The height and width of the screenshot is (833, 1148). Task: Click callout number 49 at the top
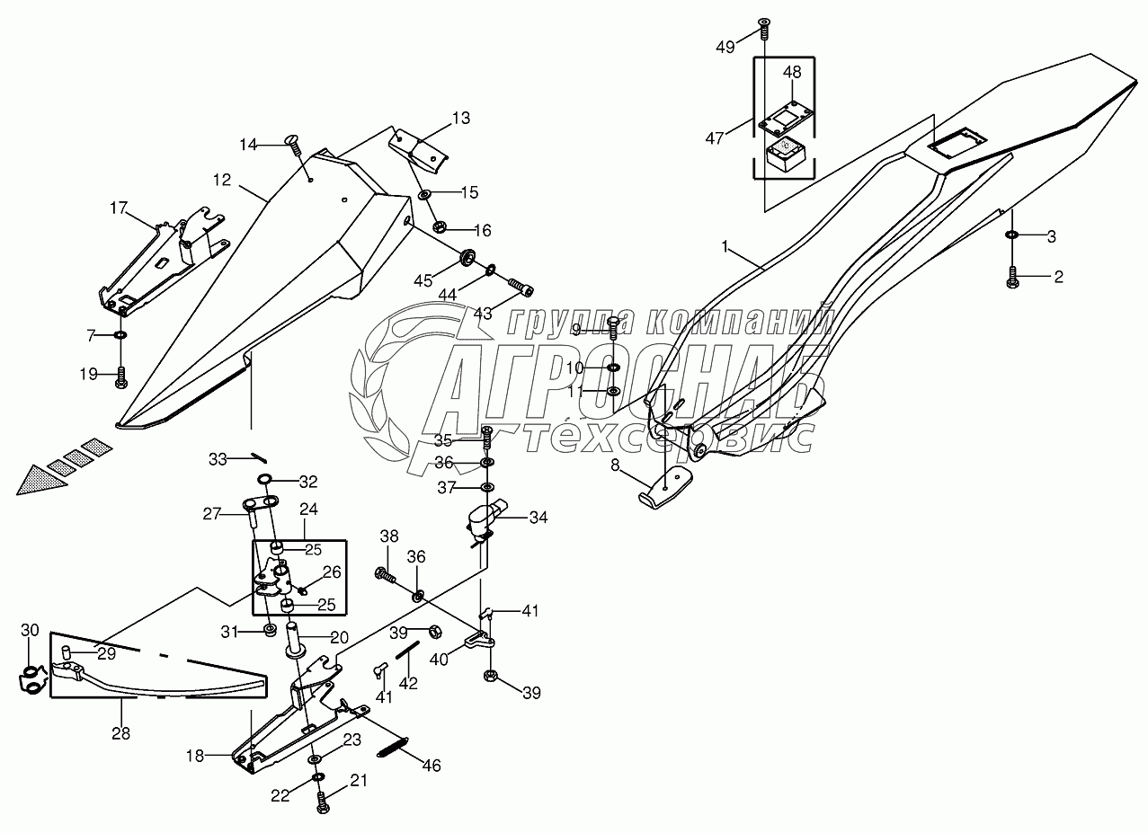point(725,47)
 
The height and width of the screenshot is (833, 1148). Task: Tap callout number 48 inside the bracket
point(792,72)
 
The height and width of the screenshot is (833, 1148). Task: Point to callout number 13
point(460,118)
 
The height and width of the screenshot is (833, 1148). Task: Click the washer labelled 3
point(1012,235)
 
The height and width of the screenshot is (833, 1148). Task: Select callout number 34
point(538,518)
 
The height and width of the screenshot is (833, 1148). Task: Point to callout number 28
point(120,733)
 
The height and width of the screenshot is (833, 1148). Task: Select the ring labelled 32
point(266,478)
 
